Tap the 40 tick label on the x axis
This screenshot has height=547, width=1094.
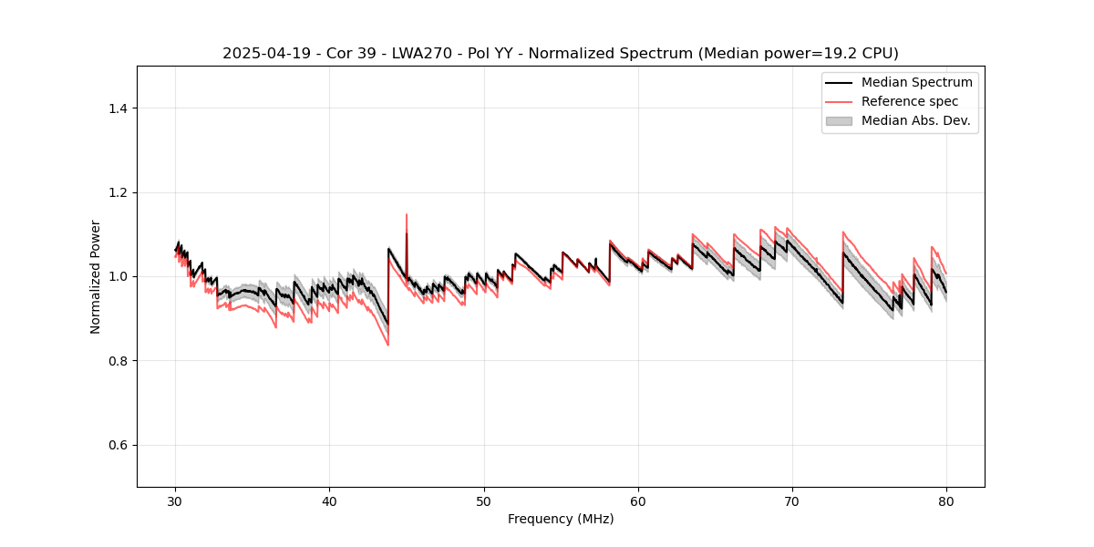click(x=330, y=501)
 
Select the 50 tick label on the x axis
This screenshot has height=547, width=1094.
click(x=484, y=501)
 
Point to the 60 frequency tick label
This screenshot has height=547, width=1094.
click(x=638, y=501)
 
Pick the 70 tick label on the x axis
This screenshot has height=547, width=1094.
click(x=792, y=501)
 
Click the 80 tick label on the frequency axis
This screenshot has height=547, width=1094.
click(x=946, y=501)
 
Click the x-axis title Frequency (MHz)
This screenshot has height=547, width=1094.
click(x=561, y=519)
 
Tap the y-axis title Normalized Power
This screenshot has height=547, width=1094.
click(x=96, y=276)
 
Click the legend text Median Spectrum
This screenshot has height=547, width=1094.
click(x=916, y=82)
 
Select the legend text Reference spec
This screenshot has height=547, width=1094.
click(x=910, y=101)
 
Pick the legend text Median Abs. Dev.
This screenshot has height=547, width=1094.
click(x=915, y=120)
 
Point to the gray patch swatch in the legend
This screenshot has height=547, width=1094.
click(x=839, y=120)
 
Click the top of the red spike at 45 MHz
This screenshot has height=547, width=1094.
click(x=407, y=215)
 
